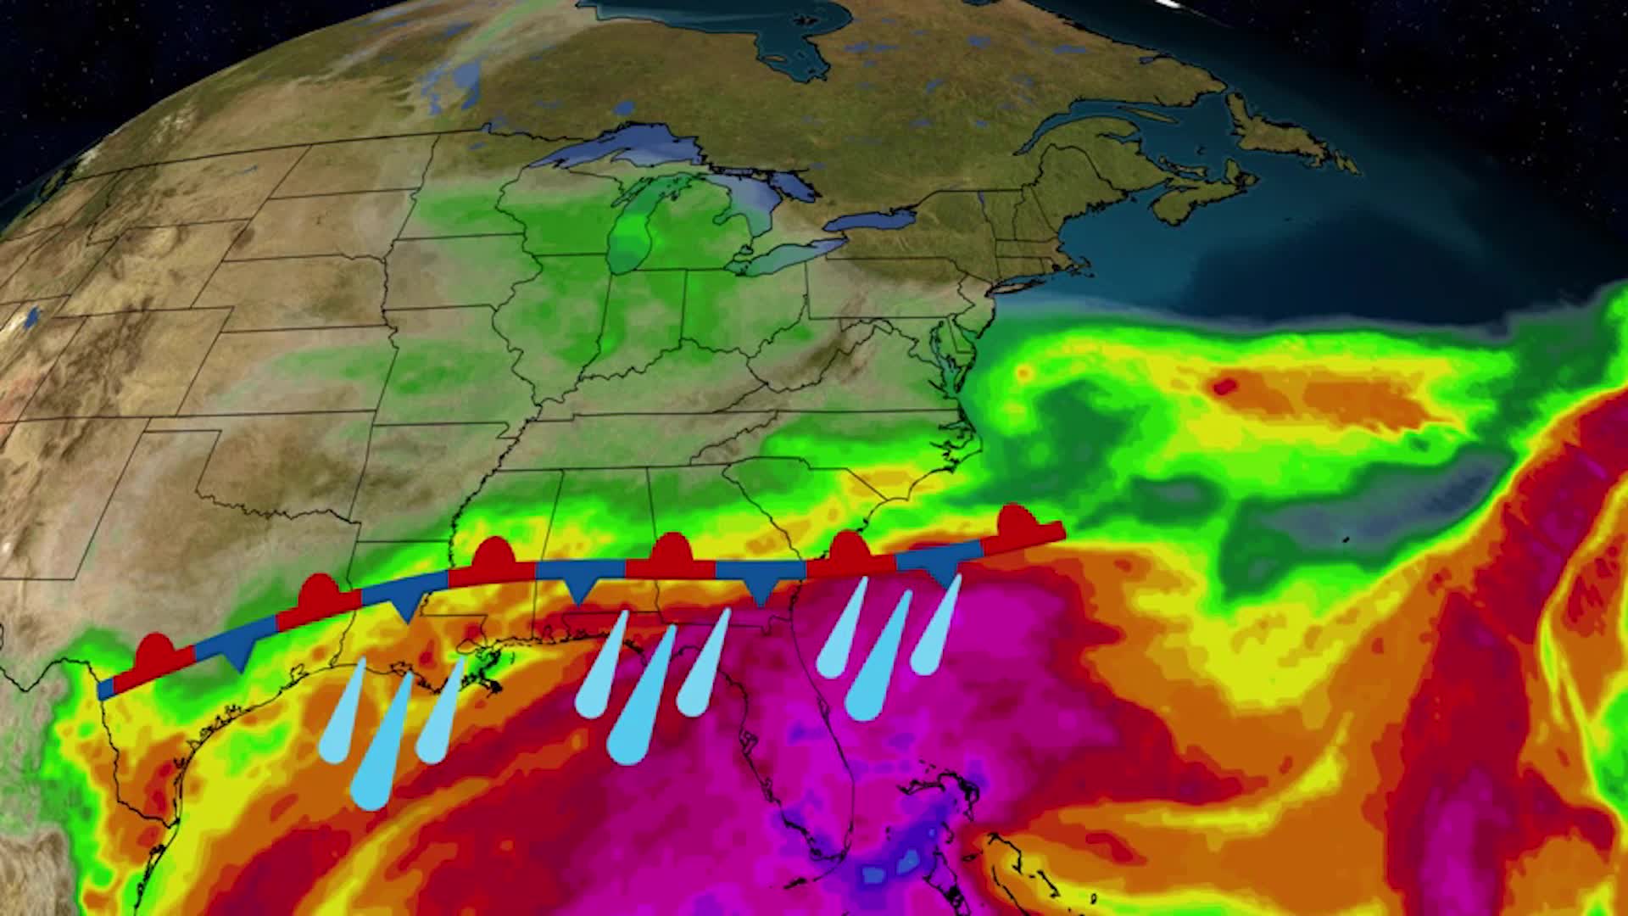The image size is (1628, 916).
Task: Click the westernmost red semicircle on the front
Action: [155, 651]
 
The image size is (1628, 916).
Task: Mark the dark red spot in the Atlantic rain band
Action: [1224, 388]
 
